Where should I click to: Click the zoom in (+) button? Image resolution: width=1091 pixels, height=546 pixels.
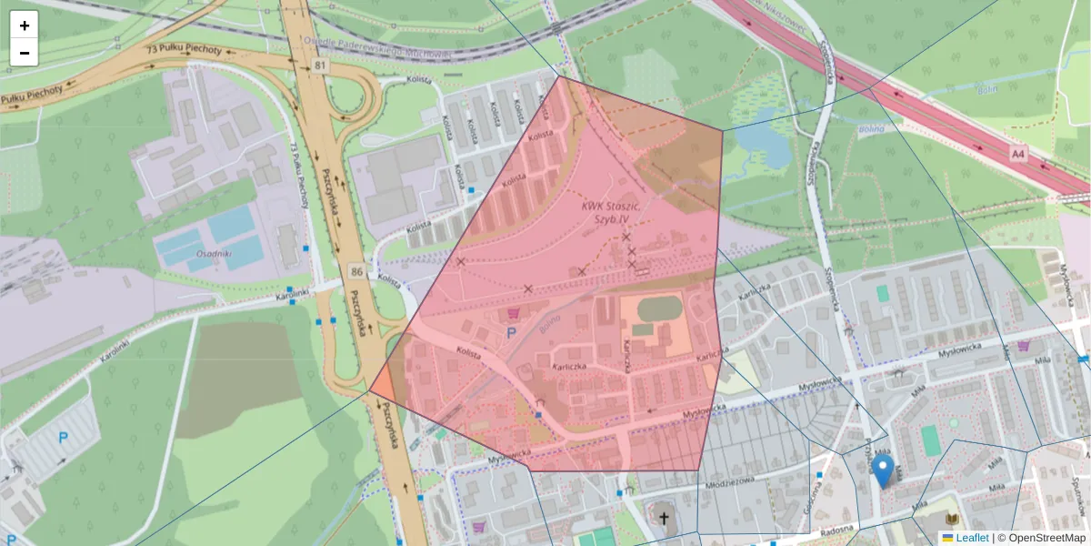(x=25, y=25)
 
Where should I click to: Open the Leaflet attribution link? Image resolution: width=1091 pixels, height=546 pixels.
(x=971, y=538)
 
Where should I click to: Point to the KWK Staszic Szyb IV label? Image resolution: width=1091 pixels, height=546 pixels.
(x=611, y=213)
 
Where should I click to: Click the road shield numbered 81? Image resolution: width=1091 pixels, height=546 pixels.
(x=318, y=66)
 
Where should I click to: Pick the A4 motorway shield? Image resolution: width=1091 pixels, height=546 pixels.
(x=1018, y=156)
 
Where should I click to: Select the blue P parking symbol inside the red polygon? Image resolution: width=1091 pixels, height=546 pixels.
(x=510, y=334)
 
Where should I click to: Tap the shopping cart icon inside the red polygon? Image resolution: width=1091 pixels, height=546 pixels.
(x=514, y=313)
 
